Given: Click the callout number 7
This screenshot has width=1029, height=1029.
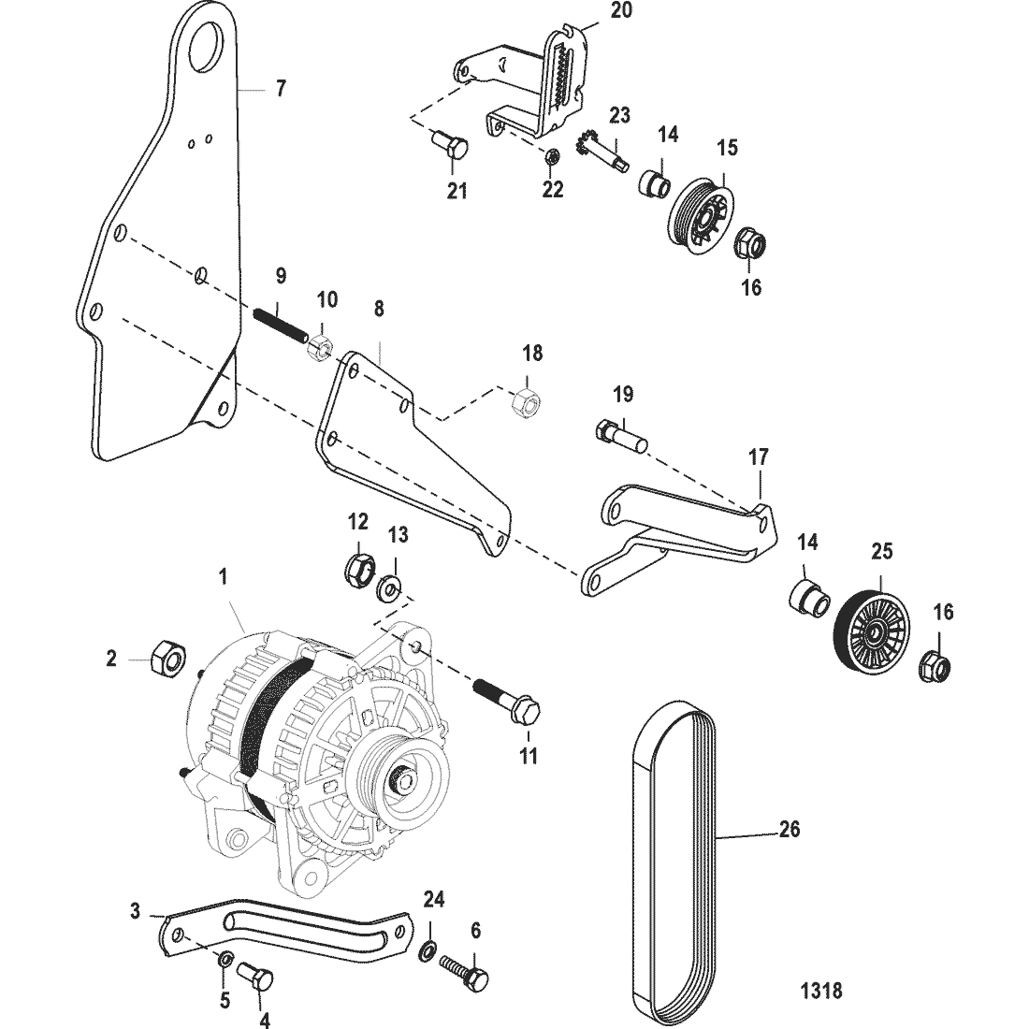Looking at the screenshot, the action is (x=281, y=89).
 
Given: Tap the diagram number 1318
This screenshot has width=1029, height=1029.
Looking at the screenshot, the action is (x=821, y=990).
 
